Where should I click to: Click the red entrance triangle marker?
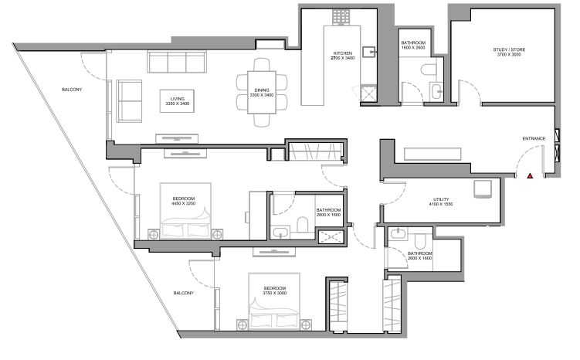coord(530,176)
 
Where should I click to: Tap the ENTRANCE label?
coord(534,139)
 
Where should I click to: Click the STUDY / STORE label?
coord(509,49)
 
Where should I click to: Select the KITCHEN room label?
coord(343,53)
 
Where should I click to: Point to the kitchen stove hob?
coord(341,17)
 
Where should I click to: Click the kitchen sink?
coord(369,53)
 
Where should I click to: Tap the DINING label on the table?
coord(262,90)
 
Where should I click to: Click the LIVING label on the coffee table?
coord(177,99)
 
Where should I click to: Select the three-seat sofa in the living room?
coord(177,62)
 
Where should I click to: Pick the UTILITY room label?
coord(441,199)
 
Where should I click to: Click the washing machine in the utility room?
coord(483,189)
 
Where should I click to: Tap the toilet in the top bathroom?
coord(429,70)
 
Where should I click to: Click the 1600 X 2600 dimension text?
coord(413,48)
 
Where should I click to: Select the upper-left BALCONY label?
coord(72,90)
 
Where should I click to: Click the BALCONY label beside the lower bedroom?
coord(184,293)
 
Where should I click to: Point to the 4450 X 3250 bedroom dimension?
coord(184,203)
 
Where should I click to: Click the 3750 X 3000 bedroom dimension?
coord(274,293)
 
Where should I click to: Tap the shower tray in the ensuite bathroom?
coord(331,237)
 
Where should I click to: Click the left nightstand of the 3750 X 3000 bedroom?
coord(243,325)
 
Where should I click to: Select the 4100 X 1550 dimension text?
coord(441,204)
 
